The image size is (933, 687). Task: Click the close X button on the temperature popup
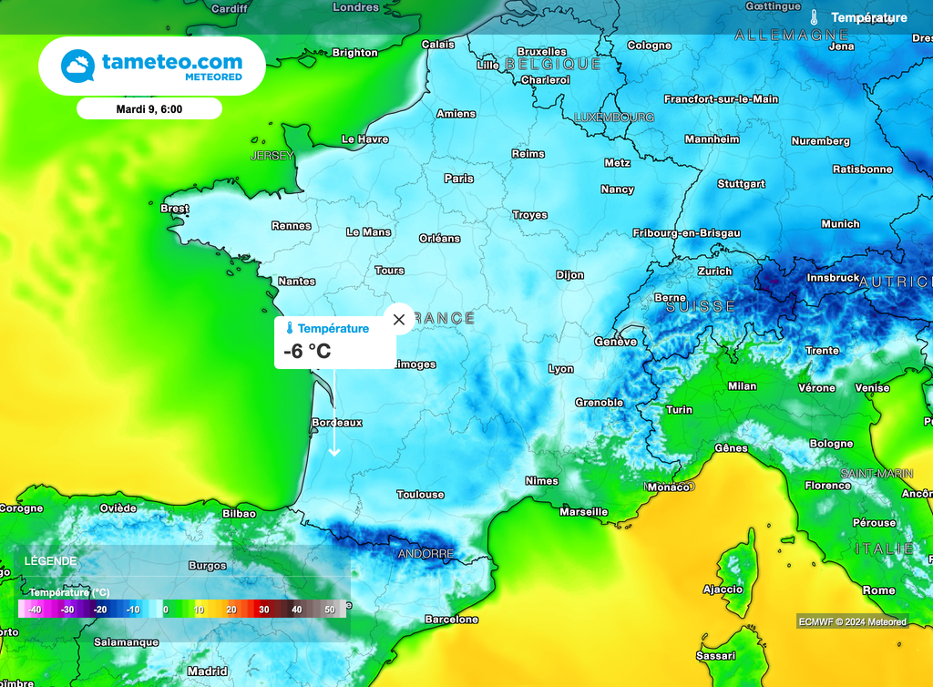point(398,320)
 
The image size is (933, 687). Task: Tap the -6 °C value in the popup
point(306,351)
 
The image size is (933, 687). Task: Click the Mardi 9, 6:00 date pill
point(149,108)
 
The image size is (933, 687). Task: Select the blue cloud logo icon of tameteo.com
point(78,67)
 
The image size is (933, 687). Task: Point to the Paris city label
point(459,179)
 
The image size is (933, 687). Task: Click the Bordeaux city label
point(337,423)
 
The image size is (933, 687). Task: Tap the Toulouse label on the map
point(420,495)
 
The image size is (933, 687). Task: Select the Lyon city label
point(561,369)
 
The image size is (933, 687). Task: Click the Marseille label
point(583,512)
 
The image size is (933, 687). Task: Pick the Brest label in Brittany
point(174,209)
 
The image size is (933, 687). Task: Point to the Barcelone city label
point(451,620)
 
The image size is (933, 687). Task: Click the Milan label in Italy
point(742,386)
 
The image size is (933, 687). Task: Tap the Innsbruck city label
point(833,278)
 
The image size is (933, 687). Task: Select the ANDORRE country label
point(425,554)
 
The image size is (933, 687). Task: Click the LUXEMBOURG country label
point(614,118)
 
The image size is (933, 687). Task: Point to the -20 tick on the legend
point(100,609)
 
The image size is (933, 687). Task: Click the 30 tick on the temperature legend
point(263,609)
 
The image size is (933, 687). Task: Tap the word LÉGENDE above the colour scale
point(51,561)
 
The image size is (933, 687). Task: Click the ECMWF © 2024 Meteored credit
point(852,621)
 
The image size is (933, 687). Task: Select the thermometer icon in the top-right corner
point(814,17)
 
